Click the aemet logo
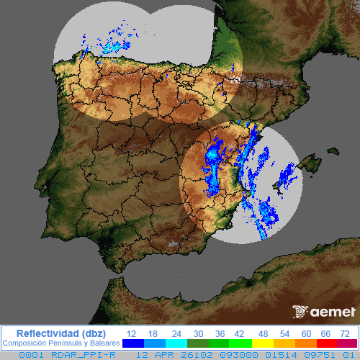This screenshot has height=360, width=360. coord(325,312)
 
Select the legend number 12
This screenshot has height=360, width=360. coord(131,333)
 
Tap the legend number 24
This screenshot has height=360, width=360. coord(176,333)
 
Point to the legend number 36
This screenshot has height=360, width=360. coord(221,333)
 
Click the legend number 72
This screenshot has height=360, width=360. coord(346,333)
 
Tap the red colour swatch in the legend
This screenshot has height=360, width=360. coord(322,343)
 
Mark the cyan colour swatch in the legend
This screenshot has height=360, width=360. coord(176,343)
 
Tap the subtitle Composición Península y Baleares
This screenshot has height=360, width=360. coord(60,343)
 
